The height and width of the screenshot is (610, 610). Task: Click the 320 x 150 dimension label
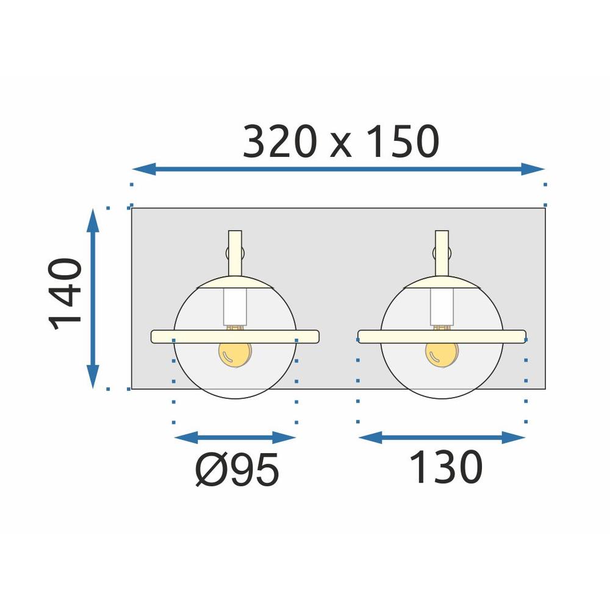point(340,143)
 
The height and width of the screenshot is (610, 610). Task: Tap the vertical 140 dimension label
point(66,294)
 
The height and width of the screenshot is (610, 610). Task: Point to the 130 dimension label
point(445,468)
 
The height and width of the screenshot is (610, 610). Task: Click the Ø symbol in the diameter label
point(210,470)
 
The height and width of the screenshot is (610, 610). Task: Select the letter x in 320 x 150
point(341,147)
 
